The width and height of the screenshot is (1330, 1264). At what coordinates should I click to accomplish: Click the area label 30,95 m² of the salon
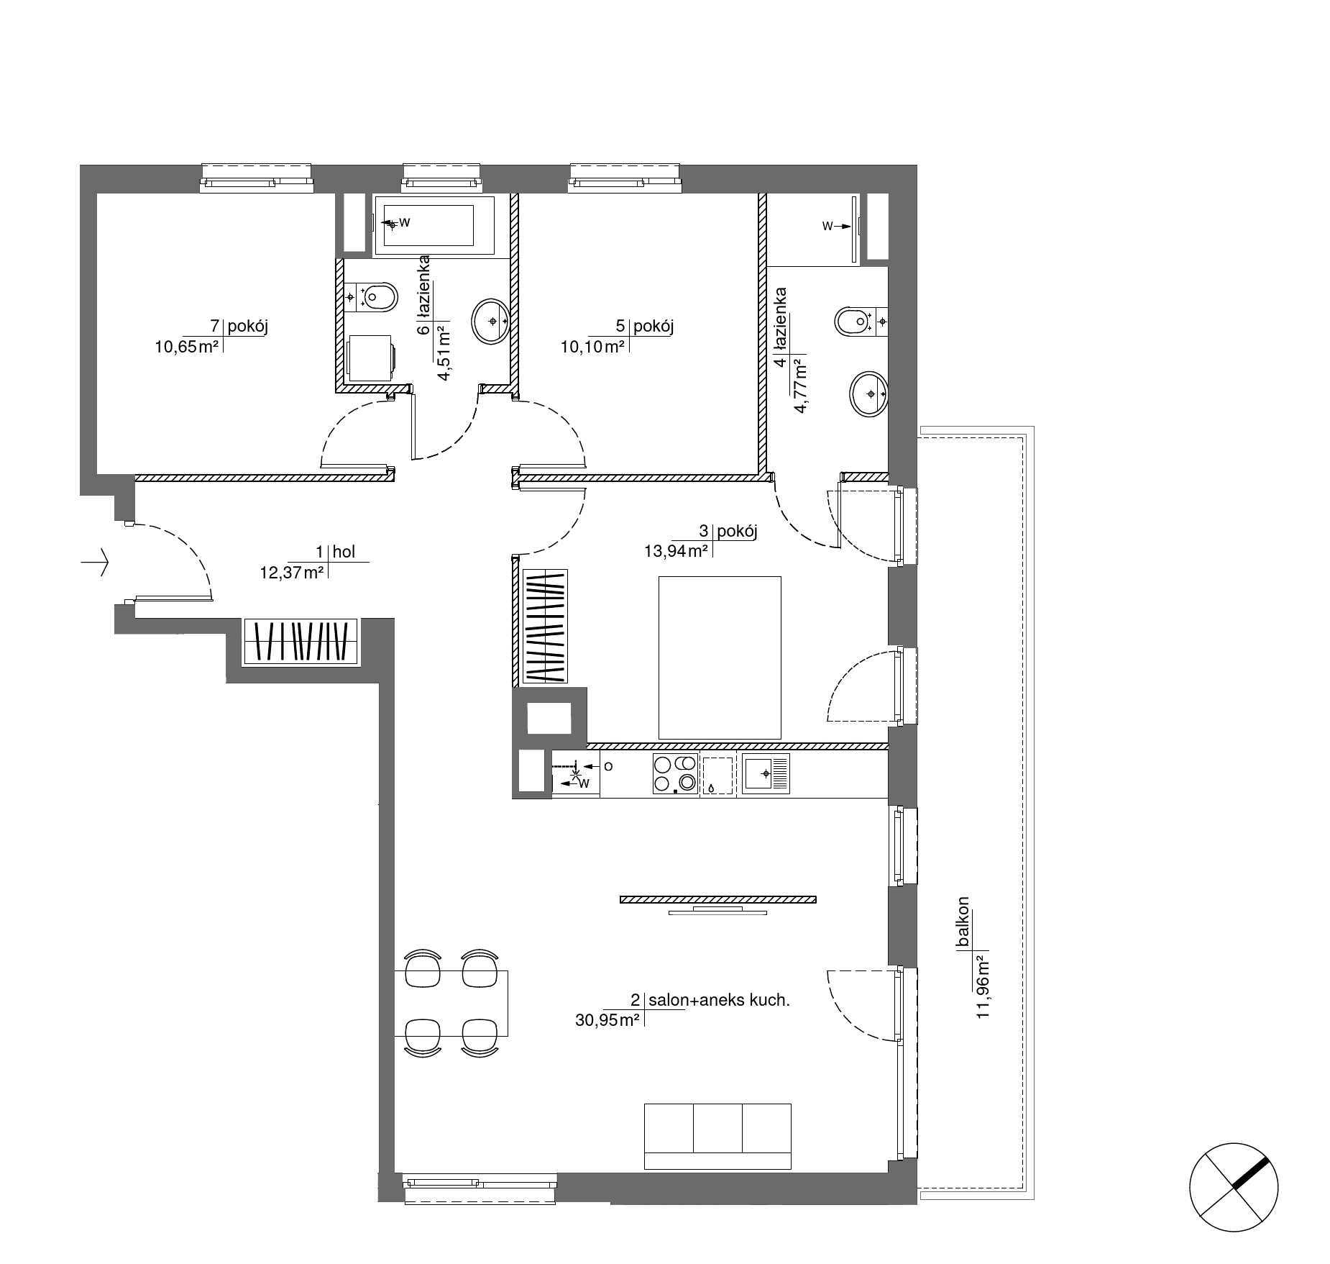point(607,1019)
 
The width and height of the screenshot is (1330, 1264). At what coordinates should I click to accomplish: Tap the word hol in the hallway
point(344,553)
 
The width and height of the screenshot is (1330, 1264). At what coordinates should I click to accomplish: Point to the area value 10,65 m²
point(186,347)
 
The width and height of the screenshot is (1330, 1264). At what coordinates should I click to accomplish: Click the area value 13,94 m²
point(677,552)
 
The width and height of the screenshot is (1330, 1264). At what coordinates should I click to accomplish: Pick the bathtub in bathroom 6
point(434,225)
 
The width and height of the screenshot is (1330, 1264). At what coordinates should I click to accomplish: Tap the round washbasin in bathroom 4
point(868,394)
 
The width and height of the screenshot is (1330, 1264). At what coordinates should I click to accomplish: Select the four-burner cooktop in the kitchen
point(675,773)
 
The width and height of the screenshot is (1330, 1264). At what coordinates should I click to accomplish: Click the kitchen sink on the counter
point(766,773)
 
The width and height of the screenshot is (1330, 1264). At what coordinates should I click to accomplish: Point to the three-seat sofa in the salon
point(717,1136)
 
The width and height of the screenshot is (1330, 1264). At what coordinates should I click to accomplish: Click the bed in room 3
point(720,658)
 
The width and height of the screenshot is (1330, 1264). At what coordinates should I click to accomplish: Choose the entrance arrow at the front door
point(95,562)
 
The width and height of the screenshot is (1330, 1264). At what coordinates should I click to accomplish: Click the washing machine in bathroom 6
point(371,358)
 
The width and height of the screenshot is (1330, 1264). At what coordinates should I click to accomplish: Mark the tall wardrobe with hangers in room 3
point(545,627)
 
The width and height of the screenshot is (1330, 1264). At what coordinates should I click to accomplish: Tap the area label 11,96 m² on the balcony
point(983,986)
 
